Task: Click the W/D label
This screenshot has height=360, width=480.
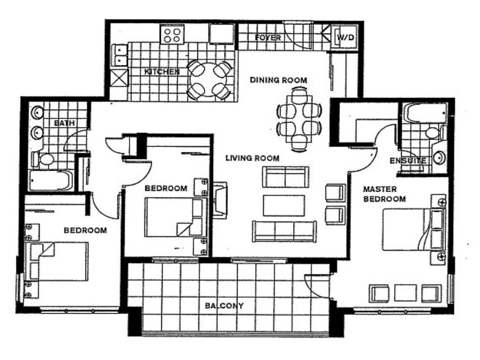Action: (x=345, y=37)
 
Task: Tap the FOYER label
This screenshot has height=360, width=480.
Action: (x=268, y=37)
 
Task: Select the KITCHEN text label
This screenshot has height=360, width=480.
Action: (x=162, y=72)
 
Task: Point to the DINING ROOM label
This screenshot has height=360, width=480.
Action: (x=278, y=80)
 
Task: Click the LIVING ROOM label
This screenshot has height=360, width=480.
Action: (x=253, y=158)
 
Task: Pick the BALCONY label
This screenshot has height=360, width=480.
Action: (x=225, y=306)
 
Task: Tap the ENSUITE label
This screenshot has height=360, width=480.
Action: (x=408, y=160)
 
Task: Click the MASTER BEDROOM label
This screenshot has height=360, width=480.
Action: (x=384, y=194)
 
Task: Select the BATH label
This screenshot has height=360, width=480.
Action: (x=64, y=123)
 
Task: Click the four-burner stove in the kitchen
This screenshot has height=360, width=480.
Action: (x=172, y=35)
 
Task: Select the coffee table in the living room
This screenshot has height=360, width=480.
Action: (x=284, y=205)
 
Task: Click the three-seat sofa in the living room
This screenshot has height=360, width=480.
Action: (x=285, y=231)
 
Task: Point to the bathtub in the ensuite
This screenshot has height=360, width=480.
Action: (x=425, y=112)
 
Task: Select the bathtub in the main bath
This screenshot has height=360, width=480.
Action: (x=51, y=180)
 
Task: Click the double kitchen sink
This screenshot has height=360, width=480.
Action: (x=120, y=55)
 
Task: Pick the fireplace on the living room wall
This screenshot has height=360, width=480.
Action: (x=220, y=201)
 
